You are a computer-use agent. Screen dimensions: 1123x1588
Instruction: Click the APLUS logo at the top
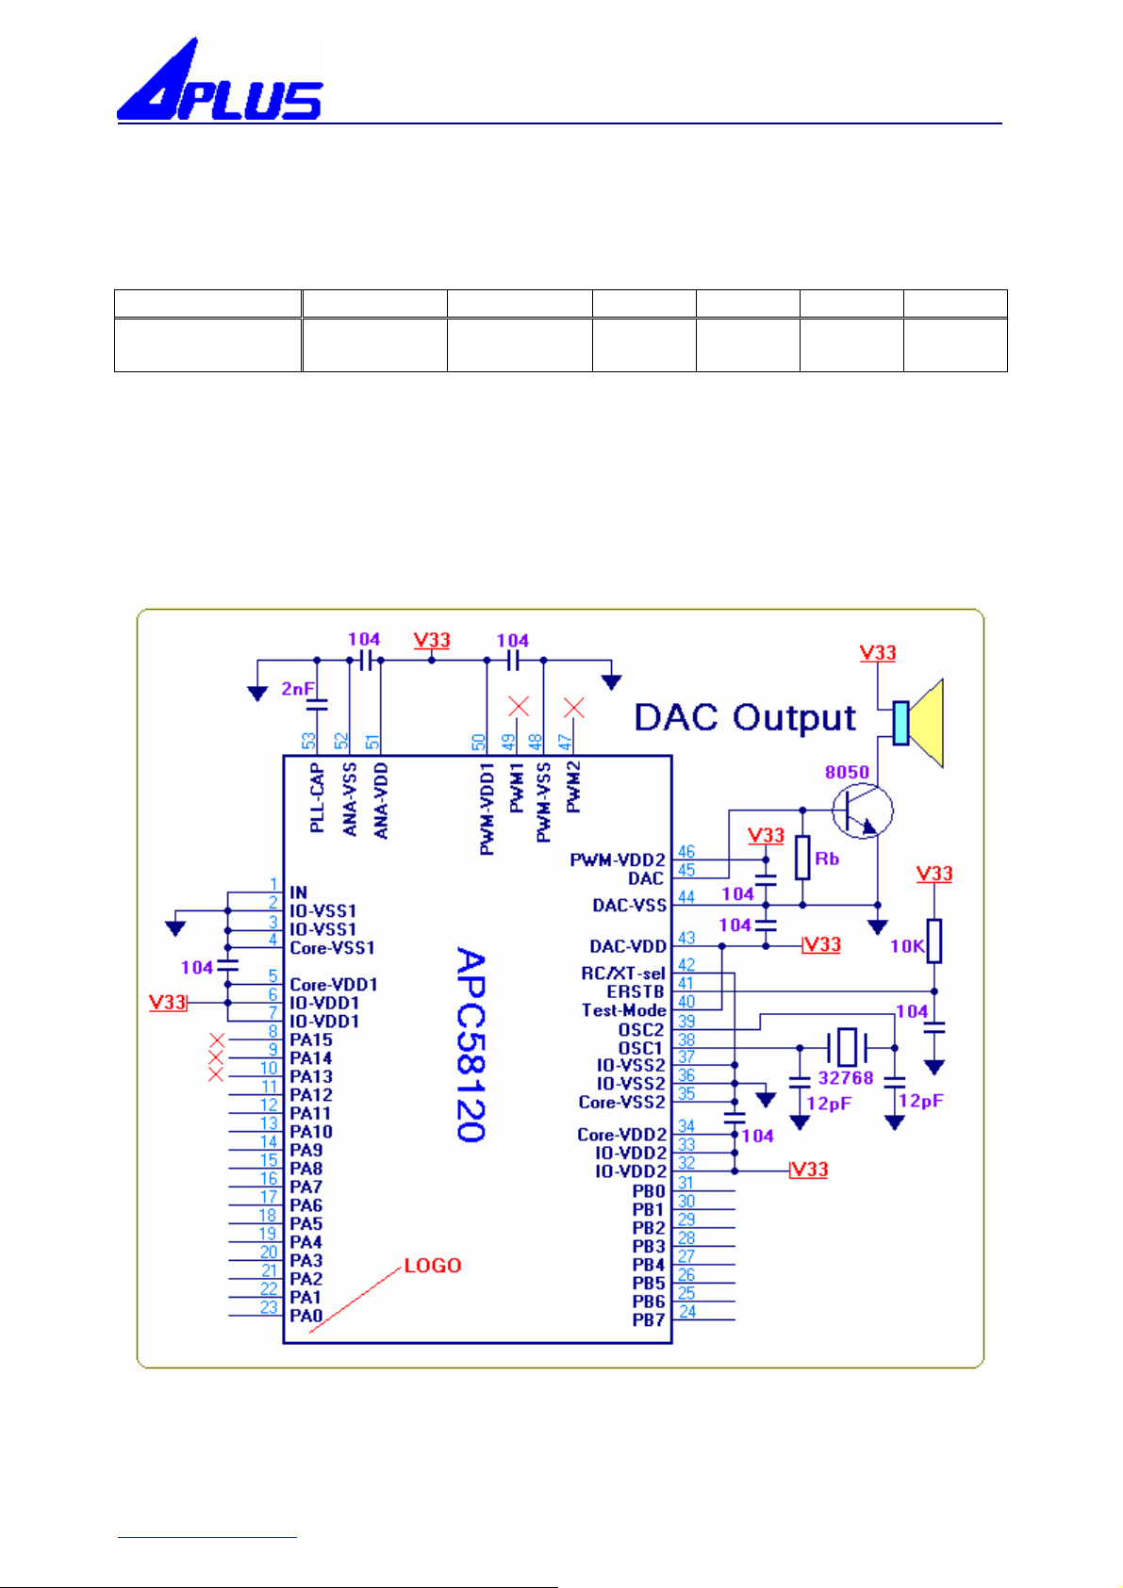point(220,79)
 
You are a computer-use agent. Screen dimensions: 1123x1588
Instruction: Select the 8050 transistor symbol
point(862,811)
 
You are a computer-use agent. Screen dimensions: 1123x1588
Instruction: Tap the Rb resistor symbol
point(802,858)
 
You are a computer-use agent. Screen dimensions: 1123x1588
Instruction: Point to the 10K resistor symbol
point(934,941)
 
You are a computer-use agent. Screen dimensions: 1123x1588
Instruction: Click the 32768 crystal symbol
point(847,1046)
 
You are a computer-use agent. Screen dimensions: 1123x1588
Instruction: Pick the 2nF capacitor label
point(298,688)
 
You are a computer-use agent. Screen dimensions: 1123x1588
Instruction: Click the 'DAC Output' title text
point(745,717)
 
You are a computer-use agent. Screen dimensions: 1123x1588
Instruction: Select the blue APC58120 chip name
point(471,1044)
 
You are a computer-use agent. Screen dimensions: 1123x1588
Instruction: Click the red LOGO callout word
point(433,1266)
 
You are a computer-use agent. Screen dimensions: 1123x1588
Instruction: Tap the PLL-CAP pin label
point(317,797)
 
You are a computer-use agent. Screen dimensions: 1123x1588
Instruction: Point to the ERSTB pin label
point(636,991)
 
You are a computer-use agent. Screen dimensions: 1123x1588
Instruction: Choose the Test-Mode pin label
point(623,1010)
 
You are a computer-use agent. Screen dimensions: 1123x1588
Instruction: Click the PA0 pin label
point(306,1316)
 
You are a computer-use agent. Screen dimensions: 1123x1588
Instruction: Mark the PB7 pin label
point(649,1320)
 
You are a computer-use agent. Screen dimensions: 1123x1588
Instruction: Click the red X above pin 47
point(573,708)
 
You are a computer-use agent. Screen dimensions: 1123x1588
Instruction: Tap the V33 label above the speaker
point(878,653)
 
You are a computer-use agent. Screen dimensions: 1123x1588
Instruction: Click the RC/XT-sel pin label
point(623,974)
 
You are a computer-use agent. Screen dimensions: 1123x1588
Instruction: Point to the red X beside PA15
point(217,1040)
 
